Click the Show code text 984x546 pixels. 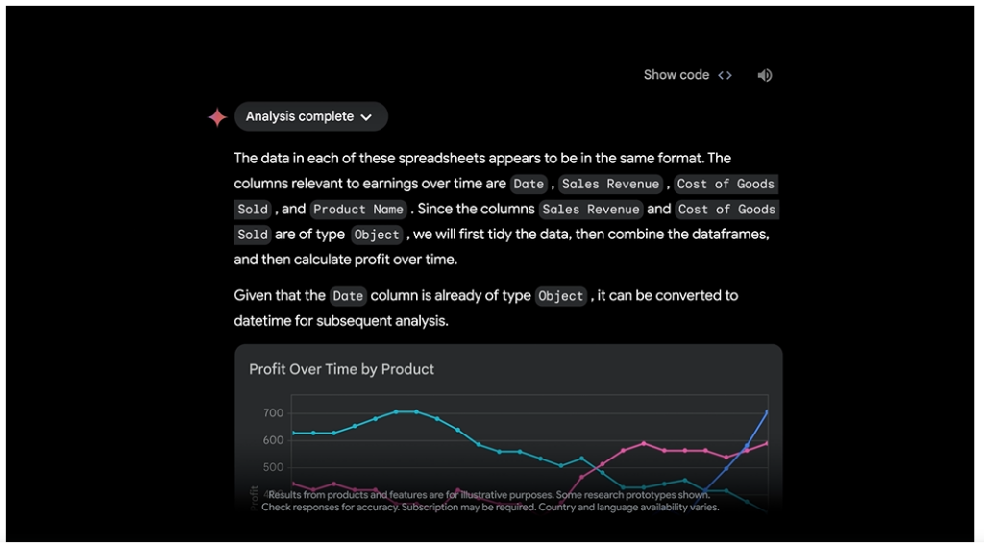(x=676, y=75)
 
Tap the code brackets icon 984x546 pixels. (x=725, y=75)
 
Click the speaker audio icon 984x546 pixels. (x=765, y=75)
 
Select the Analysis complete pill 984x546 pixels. (x=310, y=116)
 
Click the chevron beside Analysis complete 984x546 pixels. (x=366, y=117)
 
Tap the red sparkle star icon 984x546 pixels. (x=217, y=117)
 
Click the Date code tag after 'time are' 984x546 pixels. (x=529, y=184)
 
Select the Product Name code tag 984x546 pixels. (x=358, y=209)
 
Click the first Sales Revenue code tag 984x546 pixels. (x=610, y=184)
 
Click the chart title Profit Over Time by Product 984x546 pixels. (x=341, y=369)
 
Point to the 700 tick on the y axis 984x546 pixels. (x=273, y=413)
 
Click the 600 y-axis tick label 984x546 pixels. (x=273, y=440)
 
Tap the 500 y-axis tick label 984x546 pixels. (x=273, y=468)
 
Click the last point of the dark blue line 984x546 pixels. (x=767, y=412)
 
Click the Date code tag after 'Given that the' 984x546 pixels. (x=348, y=296)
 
